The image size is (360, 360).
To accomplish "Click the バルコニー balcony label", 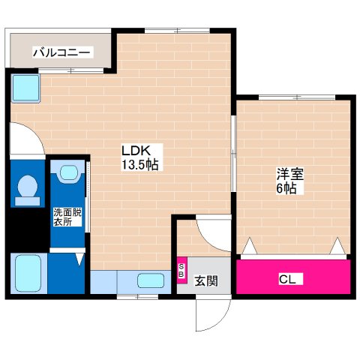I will coord(62,52).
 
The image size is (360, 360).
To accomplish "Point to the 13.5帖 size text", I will coord(139,164).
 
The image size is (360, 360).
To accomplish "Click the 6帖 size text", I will coord(286,188).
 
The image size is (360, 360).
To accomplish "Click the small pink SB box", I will coord(181,270).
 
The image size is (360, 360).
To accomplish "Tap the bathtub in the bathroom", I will coord(28,274).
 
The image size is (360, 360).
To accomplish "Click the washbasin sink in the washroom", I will coord(68,173).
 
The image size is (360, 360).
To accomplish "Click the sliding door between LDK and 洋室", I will coord(234,154).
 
